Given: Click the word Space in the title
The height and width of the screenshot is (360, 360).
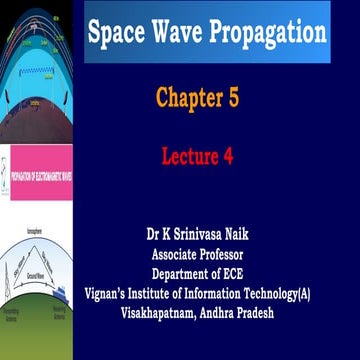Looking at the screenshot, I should [117, 32].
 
